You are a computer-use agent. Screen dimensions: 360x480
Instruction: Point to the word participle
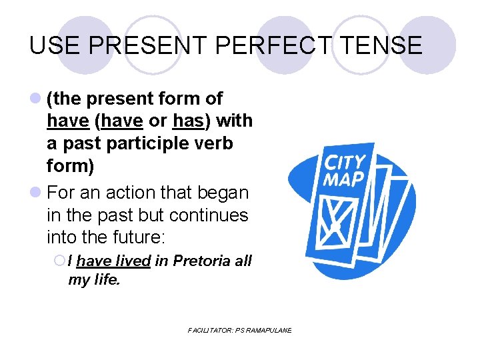(150, 143)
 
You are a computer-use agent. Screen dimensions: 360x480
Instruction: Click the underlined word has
(188, 121)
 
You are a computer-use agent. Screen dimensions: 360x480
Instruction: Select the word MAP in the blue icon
(343, 179)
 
